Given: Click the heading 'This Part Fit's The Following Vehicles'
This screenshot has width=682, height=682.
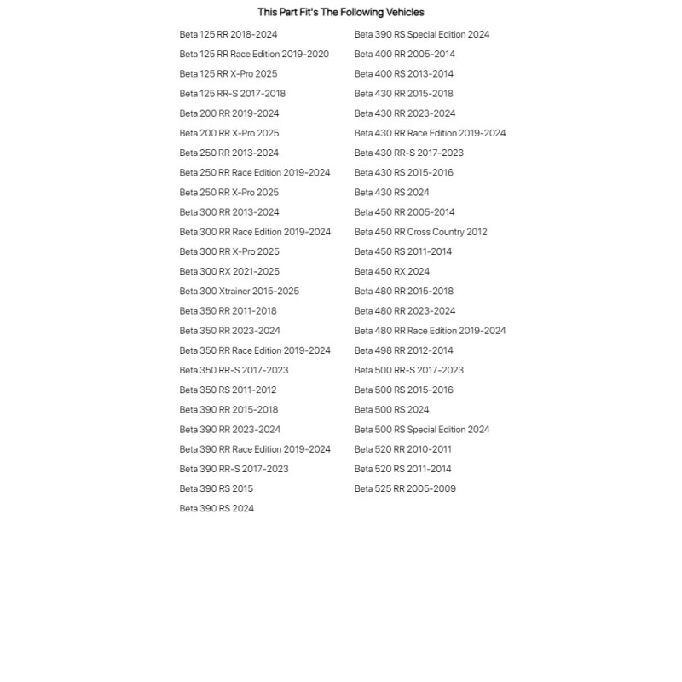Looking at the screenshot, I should (340, 12).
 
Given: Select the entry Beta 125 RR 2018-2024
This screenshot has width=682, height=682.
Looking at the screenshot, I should (228, 35).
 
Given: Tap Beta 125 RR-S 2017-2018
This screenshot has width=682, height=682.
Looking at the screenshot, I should (232, 94).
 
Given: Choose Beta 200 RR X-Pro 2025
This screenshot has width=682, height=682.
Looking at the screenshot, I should (228, 133).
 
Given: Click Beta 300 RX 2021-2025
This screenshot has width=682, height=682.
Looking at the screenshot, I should (228, 271).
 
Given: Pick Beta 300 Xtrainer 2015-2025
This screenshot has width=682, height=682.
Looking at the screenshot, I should (239, 291).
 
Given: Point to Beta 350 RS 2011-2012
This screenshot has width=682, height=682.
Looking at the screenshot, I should (228, 390).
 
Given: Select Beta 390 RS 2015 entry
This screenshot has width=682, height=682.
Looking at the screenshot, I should (216, 488).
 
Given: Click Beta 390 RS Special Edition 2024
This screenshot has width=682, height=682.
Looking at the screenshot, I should (422, 35).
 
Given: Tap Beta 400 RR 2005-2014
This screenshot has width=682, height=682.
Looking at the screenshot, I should (404, 55).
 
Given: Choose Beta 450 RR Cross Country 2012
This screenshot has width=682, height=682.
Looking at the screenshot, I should (420, 232).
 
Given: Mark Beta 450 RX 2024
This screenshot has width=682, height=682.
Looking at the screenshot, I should (391, 271).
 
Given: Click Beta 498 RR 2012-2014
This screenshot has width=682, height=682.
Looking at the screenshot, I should (403, 350).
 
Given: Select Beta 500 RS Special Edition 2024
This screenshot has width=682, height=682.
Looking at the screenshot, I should (422, 430).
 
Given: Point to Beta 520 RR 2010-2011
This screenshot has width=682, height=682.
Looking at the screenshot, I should (402, 449).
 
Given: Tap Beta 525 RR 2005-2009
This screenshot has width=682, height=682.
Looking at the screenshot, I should (405, 488).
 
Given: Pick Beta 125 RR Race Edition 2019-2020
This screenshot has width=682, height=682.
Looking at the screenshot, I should (253, 55).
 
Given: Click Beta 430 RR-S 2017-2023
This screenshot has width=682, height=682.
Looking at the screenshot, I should (408, 153).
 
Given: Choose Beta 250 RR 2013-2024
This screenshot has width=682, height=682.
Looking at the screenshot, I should (228, 153).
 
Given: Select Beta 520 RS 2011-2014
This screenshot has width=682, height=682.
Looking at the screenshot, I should (402, 469).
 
